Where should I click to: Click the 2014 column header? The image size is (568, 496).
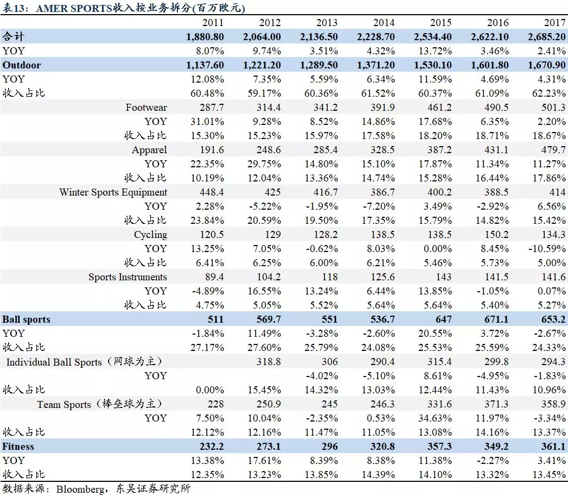click(384, 22)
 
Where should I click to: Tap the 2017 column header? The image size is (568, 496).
click(554, 22)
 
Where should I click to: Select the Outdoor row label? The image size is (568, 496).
click(21, 65)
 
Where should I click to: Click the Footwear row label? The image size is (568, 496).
click(146, 108)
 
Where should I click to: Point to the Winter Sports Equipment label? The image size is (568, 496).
click(113, 192)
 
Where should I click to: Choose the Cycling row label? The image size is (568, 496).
click(151, 235)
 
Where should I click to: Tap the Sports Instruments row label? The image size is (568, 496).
click(127, 277)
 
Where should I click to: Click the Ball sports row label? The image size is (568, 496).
click(26, 319)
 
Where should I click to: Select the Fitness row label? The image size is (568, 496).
click(18, 446)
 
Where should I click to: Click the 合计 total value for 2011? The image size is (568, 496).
click(205, 37)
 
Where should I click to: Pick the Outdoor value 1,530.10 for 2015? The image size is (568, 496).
click(433, 65)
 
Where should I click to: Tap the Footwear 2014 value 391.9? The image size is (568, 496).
click(382, 108)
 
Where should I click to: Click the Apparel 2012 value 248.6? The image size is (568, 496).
click(269, 150)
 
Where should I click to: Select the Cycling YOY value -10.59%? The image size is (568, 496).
click(547, 249)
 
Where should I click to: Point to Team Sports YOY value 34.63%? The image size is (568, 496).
click(435, 418)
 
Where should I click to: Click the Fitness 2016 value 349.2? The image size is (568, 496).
click(496, 446)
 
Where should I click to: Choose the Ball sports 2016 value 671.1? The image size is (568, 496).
click(496, 319)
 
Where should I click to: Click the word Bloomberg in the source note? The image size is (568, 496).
click(80, 489)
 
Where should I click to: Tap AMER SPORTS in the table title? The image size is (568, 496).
click(74, 8)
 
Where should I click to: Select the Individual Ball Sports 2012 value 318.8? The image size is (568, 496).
click(269, 362)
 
